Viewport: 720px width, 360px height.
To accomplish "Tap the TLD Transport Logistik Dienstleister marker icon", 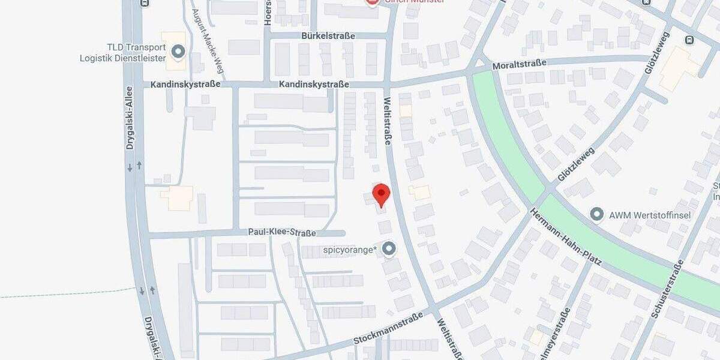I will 178,52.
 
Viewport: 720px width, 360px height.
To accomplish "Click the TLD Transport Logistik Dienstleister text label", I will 122,52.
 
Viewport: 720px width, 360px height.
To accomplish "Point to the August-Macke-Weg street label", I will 208,41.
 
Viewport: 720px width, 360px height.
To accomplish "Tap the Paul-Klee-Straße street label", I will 281,232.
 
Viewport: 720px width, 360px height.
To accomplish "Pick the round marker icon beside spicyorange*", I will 390,248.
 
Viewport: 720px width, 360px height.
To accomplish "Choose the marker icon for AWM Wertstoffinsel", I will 596,214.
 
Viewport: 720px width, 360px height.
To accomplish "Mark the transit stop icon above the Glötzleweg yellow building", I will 689,40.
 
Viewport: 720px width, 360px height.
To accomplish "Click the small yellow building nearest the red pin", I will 420,193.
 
